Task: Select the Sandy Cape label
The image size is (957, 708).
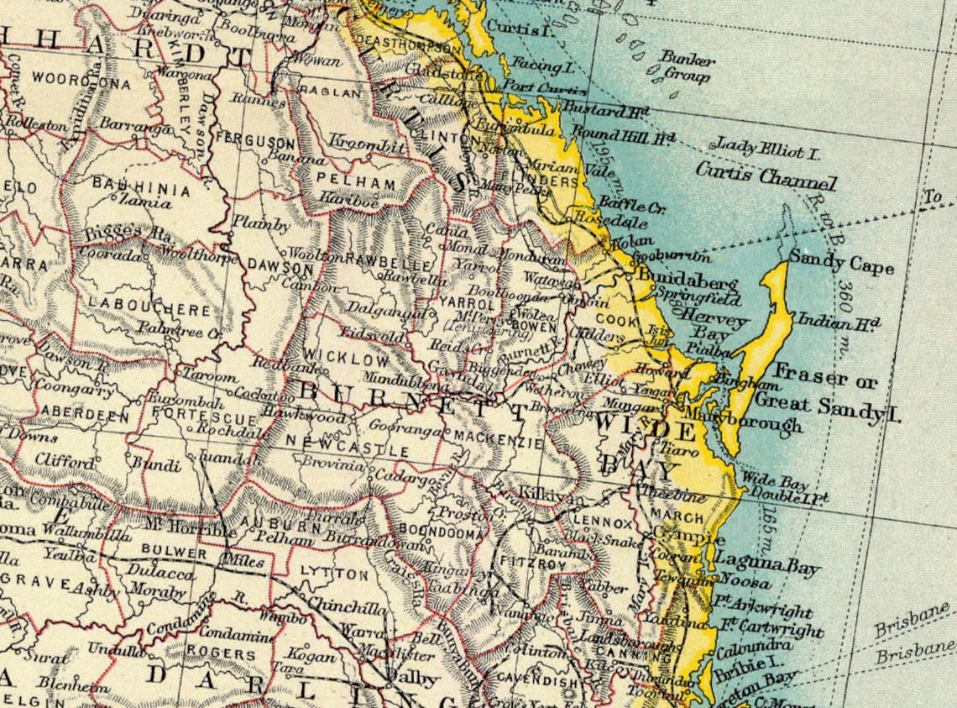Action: (x=840, y=263)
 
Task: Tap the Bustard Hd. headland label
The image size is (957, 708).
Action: (x=606, y=110)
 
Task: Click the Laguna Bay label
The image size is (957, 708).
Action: (x=766, y=565)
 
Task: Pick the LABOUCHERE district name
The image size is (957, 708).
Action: (x=149, y=310)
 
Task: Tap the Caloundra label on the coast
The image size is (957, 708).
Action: (x=755, y=646)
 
